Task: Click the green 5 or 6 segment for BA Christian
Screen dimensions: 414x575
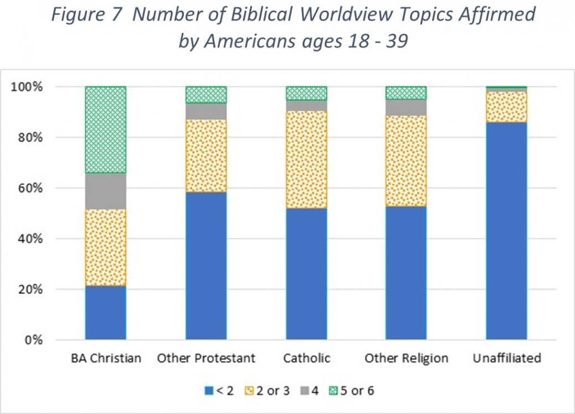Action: tap(105, 130)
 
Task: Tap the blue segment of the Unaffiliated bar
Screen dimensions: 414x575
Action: tap(506, 230)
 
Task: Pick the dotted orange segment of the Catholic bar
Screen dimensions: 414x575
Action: tap(306, 159)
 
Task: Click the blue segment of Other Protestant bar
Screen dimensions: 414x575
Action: tap(206, 266)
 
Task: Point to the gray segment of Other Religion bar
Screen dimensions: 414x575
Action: tap(406, 107)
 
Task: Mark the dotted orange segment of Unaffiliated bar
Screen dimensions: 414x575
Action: tap(506, 106)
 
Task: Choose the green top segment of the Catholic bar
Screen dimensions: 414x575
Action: tap(306, 93)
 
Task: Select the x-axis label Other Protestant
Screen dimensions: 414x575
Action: tap(206, 359)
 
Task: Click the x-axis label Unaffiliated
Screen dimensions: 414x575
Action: tap(506, 359)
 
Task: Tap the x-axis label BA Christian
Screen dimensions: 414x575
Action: tap(106, 359)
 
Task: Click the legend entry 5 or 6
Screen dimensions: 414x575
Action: tap(356, 391)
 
